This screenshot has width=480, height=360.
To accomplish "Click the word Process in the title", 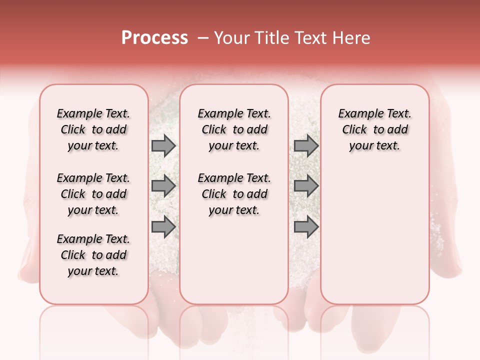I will click(x=154, y=38).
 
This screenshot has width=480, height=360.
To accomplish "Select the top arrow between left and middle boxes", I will click(x=163, y=146).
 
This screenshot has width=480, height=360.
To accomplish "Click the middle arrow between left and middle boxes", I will click(x=163, y=186).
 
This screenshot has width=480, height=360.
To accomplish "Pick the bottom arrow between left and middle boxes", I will click(x=163, y=227).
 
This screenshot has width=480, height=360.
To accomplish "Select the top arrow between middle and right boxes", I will click(x=306, y=146).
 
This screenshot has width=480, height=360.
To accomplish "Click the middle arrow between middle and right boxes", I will click(x=306, y=186).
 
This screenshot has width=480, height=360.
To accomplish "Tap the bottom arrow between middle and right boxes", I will click(x=306, y=227).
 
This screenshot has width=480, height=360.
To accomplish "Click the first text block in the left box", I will click(x=93, y=129).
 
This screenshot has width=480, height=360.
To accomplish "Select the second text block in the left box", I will click(x=93, y=194).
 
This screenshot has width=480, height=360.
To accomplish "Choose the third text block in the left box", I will click(x=93, y=255).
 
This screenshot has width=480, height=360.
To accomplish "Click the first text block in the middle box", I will click(x=234, y=129).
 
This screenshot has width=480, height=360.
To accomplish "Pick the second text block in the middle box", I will click(x=234, y=194).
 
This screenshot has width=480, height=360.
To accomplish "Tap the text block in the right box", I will click(x=374, y=129).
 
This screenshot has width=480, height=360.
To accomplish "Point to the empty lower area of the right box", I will click(x=374, y=235).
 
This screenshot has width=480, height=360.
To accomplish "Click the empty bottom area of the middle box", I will click(x=234, y=265).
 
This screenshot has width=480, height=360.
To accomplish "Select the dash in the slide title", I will click(x=203, y=38).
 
